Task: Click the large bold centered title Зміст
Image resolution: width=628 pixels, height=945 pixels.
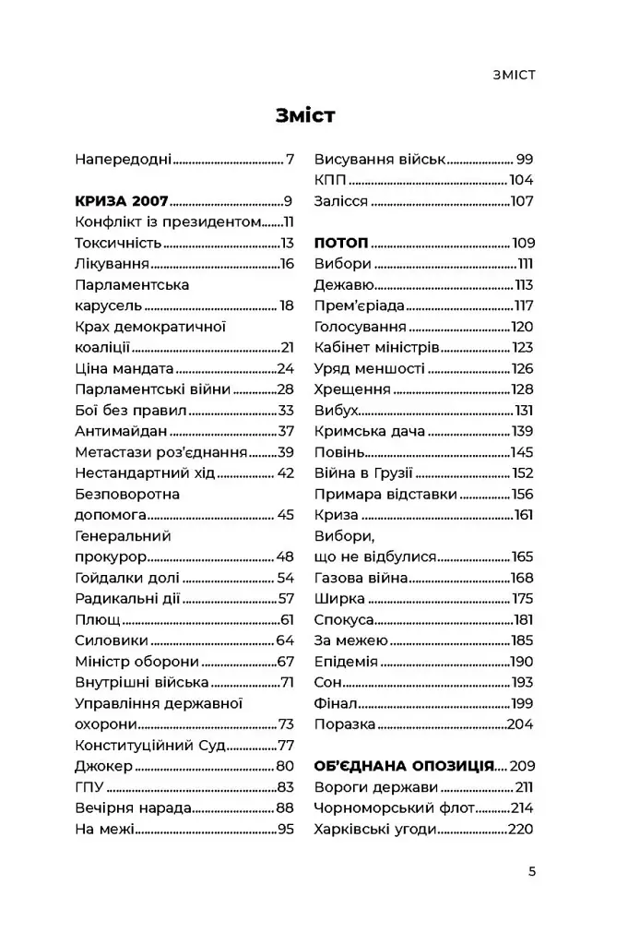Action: [x=305, y=115]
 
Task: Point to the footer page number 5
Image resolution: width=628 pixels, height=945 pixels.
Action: [x=531, y=870]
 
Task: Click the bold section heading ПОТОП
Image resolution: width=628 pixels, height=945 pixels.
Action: [x=341, y=243]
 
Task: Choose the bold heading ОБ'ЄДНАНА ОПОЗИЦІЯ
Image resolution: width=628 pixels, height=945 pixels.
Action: [x=404, y=766]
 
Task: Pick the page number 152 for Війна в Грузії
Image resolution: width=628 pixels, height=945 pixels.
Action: [x=521, y=473]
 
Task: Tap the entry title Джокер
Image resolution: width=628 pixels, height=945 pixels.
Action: [x=102, y=766]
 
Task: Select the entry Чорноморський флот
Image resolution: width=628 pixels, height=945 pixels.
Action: [x=394, y=807]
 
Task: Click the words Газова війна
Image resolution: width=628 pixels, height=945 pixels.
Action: [x=361, y=578]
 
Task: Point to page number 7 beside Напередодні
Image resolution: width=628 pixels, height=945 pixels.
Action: [x=290, y=160]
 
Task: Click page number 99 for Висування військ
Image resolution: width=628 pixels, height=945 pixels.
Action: [x=525, y=160]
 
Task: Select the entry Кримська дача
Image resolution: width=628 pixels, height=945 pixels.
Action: [x=369, y=431]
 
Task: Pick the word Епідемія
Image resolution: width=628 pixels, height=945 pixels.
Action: [x=346, y=661]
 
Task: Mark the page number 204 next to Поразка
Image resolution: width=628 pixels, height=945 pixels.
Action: [x=520, y=724]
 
